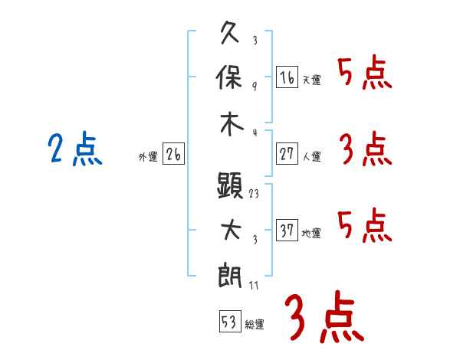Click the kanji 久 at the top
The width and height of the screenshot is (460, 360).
(230, 32)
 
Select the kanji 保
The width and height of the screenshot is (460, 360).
(229, 77)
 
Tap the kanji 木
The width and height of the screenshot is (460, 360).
(232, 124)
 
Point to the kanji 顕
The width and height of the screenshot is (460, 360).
(230, 185)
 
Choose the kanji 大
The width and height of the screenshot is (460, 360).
(231, 230)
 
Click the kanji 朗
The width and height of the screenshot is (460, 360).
(230, 276)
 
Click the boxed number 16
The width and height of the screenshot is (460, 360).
(287, 77)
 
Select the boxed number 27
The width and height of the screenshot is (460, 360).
(287, 154)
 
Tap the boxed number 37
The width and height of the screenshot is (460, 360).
(287, 230)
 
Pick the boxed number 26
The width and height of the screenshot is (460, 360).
(173, 154)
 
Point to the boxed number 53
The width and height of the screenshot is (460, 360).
(230, 321)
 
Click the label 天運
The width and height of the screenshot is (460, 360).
(312, 80)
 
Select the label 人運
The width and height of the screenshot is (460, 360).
(312, 156)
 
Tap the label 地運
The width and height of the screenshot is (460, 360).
(311, 233)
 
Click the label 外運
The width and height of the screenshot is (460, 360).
(148, 156)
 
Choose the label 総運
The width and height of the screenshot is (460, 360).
(255, 324)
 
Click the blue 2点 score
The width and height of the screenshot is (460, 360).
(75, 149)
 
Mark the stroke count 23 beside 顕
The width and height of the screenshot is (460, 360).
(254, 194)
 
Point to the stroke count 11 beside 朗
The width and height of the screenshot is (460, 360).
(254, 285)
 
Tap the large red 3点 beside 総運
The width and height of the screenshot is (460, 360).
(324, 316)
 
